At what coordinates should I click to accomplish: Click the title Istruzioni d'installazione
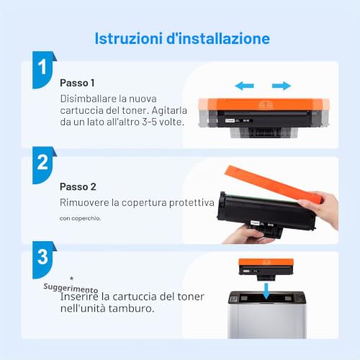point(182,38)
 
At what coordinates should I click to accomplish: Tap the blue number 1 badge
point(43,70)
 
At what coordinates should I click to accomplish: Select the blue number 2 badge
point(43,165)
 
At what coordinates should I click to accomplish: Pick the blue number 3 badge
point(43,260)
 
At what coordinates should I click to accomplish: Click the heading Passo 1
point(77,83)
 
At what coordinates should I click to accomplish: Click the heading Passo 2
point(78,186)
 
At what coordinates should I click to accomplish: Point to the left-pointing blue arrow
point(244,86)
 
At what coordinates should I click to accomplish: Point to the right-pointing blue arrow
point(282,86)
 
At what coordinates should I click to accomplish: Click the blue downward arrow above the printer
point(266,291)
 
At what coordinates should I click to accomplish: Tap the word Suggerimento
point(71,288)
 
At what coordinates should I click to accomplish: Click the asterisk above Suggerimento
point(71,279)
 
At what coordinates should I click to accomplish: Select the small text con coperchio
point(80,218)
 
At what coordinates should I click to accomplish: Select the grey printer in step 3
point(267,315)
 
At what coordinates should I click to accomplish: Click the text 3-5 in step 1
point(150,122)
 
